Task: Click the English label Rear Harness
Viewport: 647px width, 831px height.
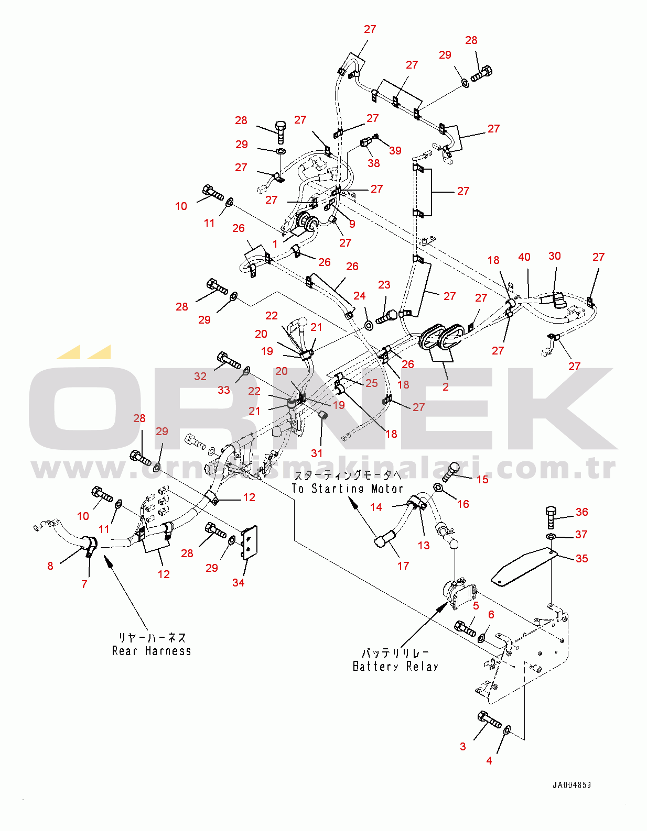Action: [152, 651]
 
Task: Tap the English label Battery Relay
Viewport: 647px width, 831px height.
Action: [395, 667]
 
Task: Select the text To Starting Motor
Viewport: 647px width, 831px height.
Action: [347, 489]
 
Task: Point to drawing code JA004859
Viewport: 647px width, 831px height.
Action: [571, 785]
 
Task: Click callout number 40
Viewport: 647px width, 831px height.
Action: [524, 257]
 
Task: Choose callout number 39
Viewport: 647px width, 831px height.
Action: [395, 151]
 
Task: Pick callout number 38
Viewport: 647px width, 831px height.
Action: [374, 163]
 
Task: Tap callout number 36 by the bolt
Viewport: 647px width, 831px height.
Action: [581, 512]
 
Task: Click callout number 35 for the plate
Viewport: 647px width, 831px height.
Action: [581, 559]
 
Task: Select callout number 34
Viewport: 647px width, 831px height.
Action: [238, 583]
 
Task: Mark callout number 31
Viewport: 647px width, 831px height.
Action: [317, 453]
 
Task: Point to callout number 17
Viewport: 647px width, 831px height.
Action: [403, 566]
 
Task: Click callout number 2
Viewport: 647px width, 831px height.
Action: [446, 387]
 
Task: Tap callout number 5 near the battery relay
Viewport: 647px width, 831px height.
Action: [476, 606]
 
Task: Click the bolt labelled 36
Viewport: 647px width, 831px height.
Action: [551, 517]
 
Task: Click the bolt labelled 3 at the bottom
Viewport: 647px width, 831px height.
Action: [489, 719]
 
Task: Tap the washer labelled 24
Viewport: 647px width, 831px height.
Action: [368, 326]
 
